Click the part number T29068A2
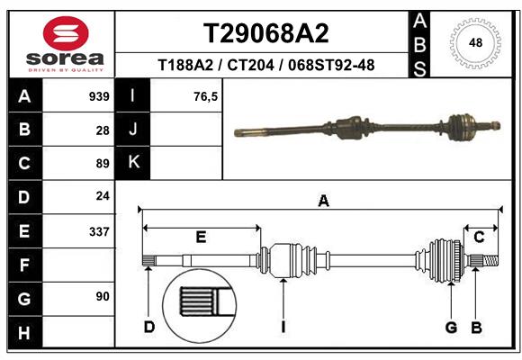point(265,33)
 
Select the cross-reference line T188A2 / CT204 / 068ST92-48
point(265,65)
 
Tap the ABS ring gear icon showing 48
point(473,42)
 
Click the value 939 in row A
point(99,96)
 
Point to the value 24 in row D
point(103,196)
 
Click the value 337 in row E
point(99,231)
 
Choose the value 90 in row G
point(103,296)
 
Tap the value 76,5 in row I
point(206,96)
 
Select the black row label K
point(133,163)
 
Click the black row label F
point(23,265)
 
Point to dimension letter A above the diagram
point(322,202)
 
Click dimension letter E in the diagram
point(201,237)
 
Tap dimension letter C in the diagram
point(479,237)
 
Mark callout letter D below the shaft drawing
point(149,327)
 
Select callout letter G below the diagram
point(452,327)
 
